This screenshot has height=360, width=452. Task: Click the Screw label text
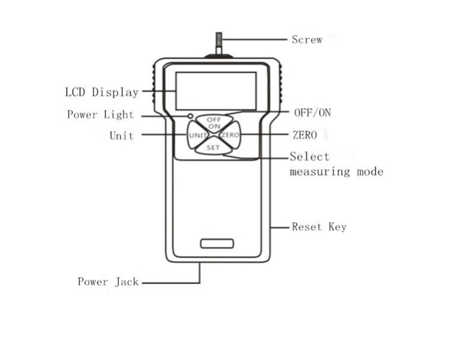point(307,40)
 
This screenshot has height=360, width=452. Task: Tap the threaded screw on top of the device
point(219,43)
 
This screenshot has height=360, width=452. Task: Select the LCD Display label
point(102,92)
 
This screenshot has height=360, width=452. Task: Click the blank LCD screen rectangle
point(216,91)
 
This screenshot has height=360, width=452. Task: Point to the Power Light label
point(101,115)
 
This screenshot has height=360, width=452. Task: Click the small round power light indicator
point(190,116)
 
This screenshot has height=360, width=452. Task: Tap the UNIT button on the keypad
point(198,135)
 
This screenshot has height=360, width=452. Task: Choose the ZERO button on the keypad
point(230,135)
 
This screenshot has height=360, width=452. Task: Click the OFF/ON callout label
point(312,113)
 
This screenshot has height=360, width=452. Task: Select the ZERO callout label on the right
point(305,135)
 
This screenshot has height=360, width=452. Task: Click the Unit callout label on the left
point(122,136)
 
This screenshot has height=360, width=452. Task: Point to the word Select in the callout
point(309,156)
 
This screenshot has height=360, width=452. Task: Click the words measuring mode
point(336,172)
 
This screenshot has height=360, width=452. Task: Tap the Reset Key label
point(319,227)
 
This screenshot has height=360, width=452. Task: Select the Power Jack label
point(108,282)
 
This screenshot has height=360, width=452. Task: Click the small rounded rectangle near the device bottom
point(217,244)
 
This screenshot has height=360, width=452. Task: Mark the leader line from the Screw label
point(254,39)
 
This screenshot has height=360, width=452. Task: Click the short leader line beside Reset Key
point(280,227)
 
